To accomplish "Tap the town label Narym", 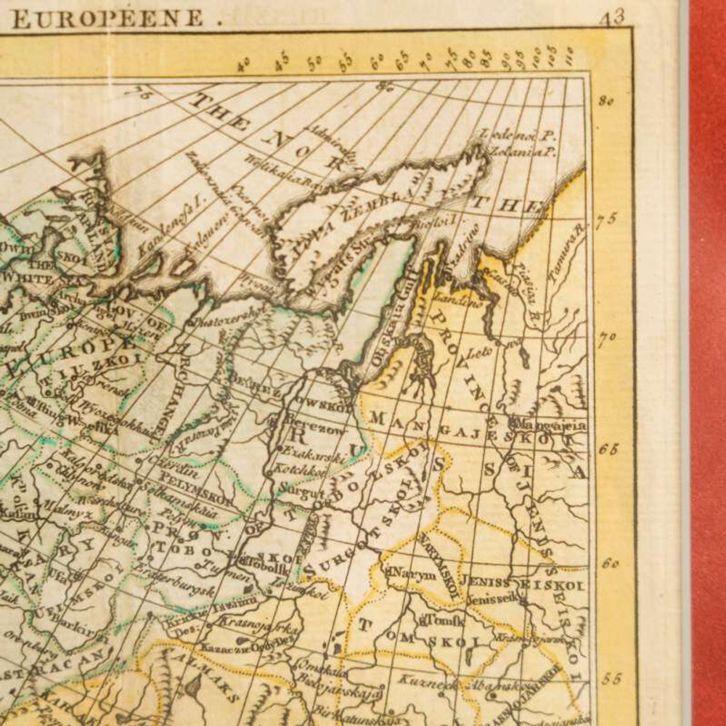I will pyautogui.click(x=414, y=574).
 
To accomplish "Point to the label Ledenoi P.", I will pyautogui.click(x=517, y=135).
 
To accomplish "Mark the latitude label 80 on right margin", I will pyautogui.click(x=605, y=101).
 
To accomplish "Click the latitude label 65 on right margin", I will pyautogui.click(x=607, y=448).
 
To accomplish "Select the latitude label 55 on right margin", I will pyautogui.click(x=610, y=679).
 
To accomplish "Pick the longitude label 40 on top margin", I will pyautogui.click(x=245, y=66).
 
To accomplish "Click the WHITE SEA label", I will pyautogui.click(x=27, y=278).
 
